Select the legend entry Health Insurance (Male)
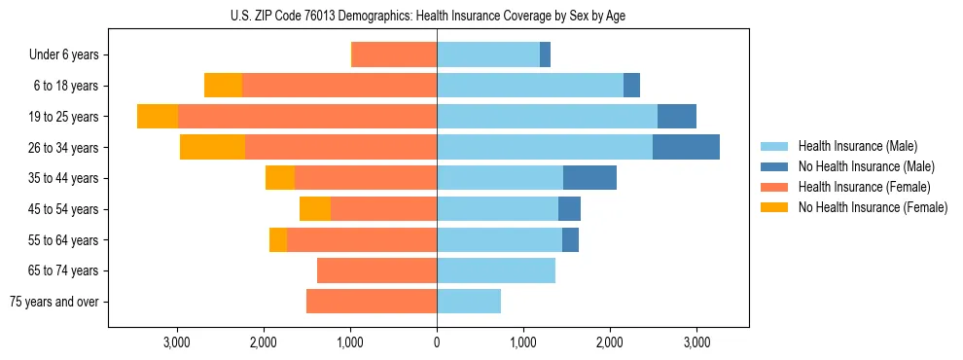point(857,146)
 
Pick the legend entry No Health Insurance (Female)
point(873,207)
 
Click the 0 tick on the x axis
point(437,342)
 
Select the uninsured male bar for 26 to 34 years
point(686,147)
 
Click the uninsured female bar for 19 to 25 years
point(158,117)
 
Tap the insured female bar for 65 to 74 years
point(377,270)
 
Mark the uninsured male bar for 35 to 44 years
point(589,178)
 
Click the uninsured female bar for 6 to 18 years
point(223,86)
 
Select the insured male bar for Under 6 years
point(488,54)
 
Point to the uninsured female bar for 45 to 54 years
point(315,209)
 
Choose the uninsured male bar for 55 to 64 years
point(570,239)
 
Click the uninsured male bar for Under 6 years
point(545,54)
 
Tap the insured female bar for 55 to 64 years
point(362,239)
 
